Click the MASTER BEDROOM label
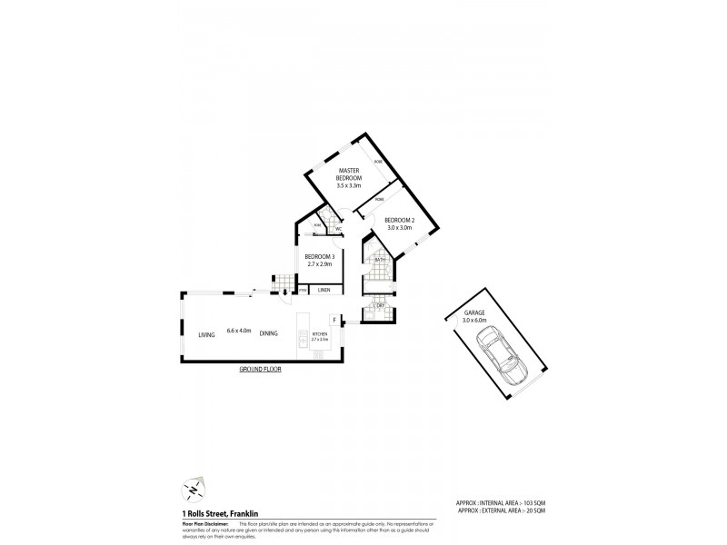point(350,174)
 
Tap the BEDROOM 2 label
point(398,221)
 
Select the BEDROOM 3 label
point(320,257)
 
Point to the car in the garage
point(500,356)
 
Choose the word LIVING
point(206,334)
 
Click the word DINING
point(268,334)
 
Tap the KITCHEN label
point(319,333)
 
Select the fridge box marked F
point(334,321)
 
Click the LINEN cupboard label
point(324,290)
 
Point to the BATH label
point(380,260)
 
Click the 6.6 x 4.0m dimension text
point(238,331)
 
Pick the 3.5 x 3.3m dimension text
point(350,186)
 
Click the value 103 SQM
point(532,502)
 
